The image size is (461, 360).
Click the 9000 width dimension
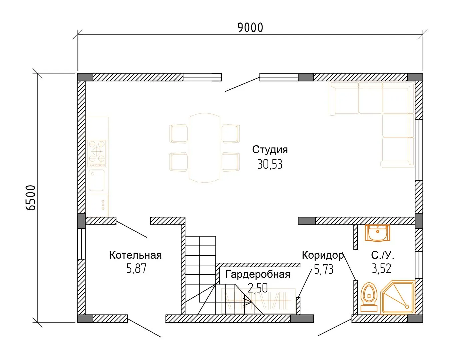(250, 28)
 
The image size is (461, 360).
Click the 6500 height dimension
(31, 198)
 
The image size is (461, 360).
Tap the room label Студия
(270, 150)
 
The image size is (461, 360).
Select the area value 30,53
(270, 164)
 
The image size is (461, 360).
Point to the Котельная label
(136, 255)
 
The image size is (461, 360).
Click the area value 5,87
(136, 269)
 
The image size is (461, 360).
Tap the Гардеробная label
(258, 275)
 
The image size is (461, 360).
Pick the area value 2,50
(258, 288)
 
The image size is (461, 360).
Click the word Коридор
(323, 255)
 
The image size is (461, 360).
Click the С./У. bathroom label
(383, 255)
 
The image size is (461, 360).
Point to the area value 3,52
(381, 269)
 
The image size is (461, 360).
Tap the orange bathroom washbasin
(377, 233)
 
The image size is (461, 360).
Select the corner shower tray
(397, 297)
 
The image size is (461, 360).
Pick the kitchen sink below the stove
(97, 180)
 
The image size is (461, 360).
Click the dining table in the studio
(204, 148)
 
